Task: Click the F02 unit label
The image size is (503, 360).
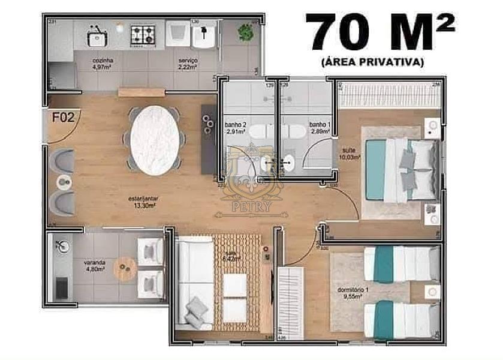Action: (x=63, y=117)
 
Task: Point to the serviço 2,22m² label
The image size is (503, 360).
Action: (x=188, y=64)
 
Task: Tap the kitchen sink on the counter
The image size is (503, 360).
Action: (x=96, y=38)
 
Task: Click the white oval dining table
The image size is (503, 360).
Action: (x=155, y=140)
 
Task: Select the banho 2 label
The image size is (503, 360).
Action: (x=234, y=128)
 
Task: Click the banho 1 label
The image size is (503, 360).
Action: (x=318, y=128)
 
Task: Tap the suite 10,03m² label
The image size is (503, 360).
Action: (x=351, y=154)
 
